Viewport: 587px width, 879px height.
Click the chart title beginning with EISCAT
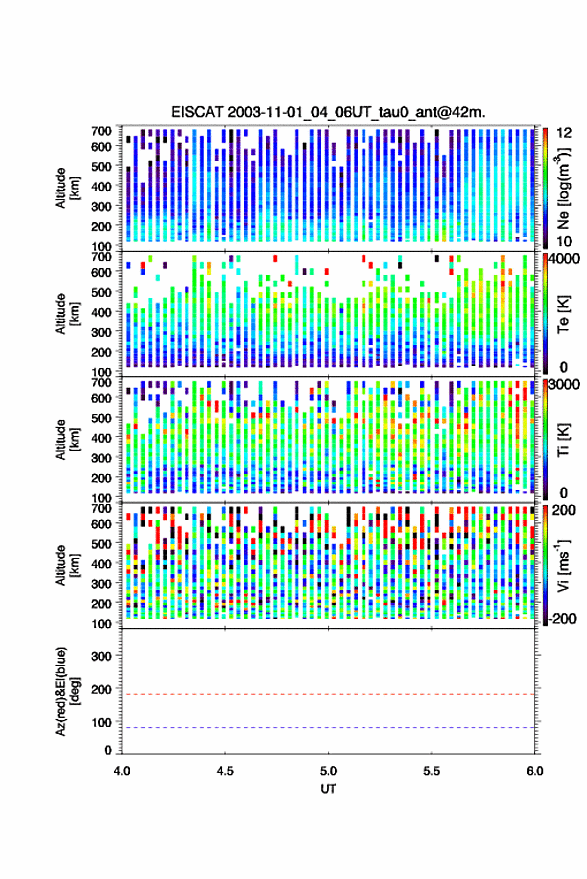pos(328,112)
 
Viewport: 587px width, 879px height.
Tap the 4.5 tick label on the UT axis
pos(225,771)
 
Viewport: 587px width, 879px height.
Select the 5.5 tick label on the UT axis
pos(431,771)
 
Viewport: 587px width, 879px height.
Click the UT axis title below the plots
pos(328,789)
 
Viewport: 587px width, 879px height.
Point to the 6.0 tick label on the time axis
pos(535,771)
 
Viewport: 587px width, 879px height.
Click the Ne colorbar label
pos(563,189)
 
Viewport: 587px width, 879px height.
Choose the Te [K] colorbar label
pos(563,314)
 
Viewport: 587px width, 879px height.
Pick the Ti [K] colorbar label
pos(563,440)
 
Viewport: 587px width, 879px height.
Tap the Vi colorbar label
pos(563,565)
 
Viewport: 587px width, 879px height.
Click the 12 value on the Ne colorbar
pos(564,133)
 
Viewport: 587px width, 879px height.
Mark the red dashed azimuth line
pos(328,694)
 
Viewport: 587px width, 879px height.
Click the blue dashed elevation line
pos(328,728)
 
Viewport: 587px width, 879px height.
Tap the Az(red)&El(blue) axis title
pos(66,691)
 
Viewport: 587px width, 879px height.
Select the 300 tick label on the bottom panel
pos(101,656)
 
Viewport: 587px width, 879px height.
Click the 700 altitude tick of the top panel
pos(101,131)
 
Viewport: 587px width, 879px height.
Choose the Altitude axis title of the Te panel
pos(66,314)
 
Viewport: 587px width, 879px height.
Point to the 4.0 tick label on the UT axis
pos(122,771)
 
